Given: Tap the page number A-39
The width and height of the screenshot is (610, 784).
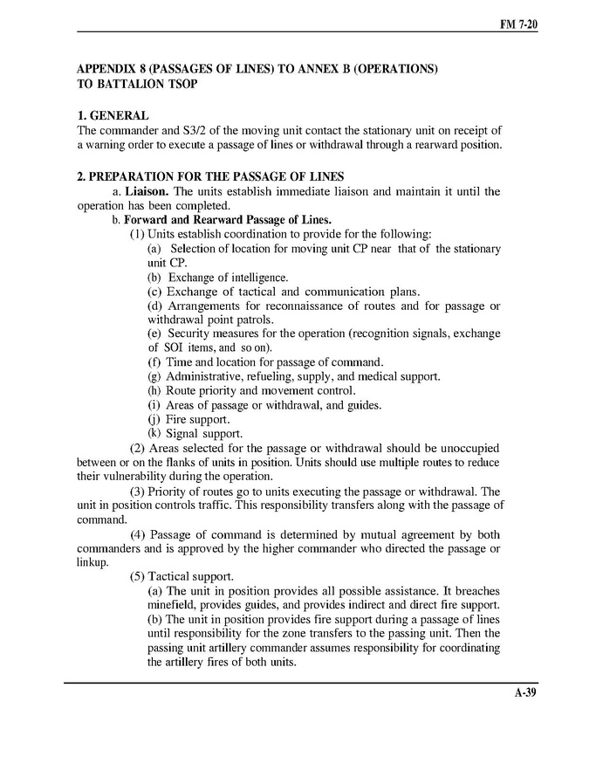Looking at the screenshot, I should click(x=524, y=695).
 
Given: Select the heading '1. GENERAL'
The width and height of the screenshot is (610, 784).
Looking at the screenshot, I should click(x=113, y=115).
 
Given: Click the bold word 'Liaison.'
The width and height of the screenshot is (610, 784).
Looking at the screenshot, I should click(x=150, y=191).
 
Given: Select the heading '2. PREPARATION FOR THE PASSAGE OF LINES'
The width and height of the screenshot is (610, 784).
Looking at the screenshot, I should click(x=210, y=176).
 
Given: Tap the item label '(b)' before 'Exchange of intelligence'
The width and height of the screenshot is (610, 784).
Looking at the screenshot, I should click(x=154, y=278).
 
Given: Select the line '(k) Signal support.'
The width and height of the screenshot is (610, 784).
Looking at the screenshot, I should click(x=194, y=433).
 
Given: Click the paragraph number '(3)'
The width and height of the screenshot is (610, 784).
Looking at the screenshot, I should click(x=137, y=491).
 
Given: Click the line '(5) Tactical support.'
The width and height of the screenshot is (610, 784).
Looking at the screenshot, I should click(x=182, y=576).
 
